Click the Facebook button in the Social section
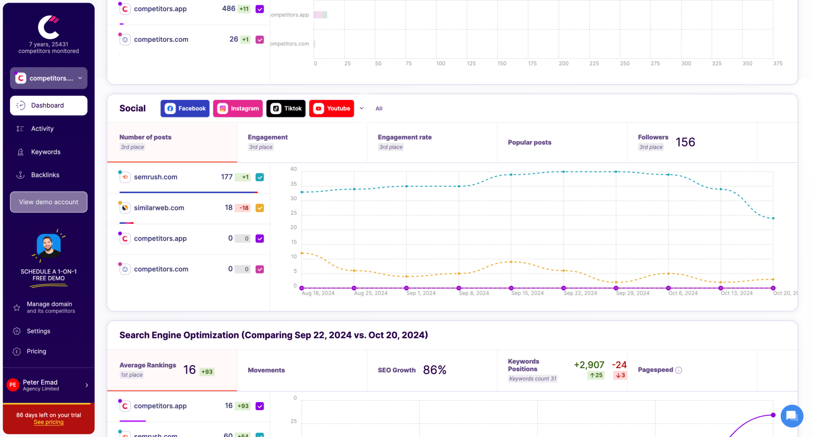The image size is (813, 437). pyautogui.click(x=185, y=108)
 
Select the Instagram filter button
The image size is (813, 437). pyautogui.click(x=238, y=108)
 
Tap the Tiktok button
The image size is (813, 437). pyautogui.click(x=286, y=108)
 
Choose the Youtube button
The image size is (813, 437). pyautogui.click(x=332, y=108)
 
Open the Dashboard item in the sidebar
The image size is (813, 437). pyautogui.click(x=49, y=105)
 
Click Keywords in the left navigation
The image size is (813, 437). pyautogui.click(x=46, y=152)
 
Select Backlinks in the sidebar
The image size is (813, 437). pyautogui.click(x=45, y=175)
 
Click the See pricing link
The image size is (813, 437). pyautogui.click(x=49, y=422)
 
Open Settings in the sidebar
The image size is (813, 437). pyautogui.click(x=39, y=331)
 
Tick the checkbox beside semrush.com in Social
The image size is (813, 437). pyautogui.click(x=260, y=177)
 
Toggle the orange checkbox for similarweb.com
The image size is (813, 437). pyautogui.click(x=260, y=208)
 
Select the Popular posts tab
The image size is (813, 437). pyautogui.click(x=529, y=142)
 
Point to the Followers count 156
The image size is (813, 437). pyautogui.click(x=685, y=142)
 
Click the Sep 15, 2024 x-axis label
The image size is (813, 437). pyautogui.click(x=527, y=293)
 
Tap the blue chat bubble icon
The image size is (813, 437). pyautogui.click(x=792, y=416)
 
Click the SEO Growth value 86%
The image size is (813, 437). pyautogui.click(x=435, y=370)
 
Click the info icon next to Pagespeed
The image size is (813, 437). pyautogui.click(x=679, y=370)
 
